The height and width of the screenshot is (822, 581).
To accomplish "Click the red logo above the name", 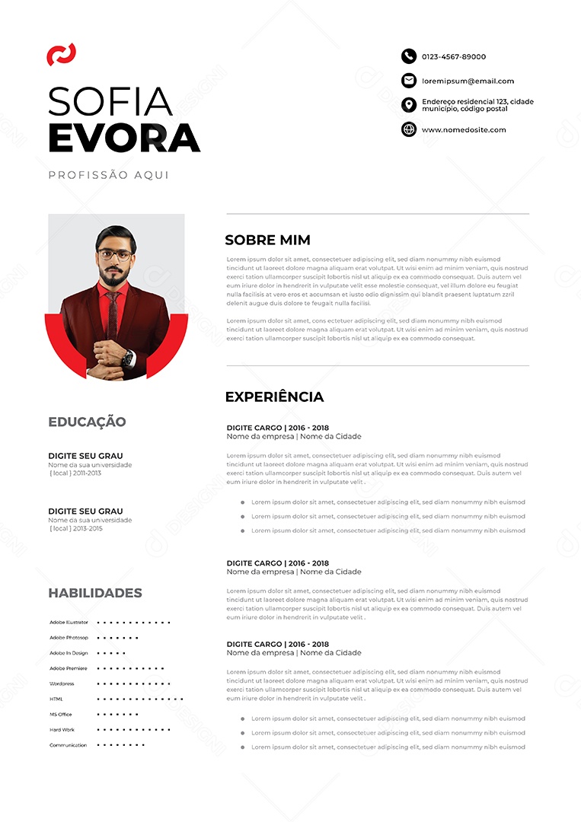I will pos(61,55).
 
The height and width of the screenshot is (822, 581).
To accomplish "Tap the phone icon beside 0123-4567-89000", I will pos(409,56).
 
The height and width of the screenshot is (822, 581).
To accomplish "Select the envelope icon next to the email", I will pos(409,81).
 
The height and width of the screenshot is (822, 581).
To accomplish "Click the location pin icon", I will pos(409,105).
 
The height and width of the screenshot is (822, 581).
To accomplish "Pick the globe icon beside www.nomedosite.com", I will pos(409,129).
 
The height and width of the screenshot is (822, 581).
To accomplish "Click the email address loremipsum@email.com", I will pos(468,81).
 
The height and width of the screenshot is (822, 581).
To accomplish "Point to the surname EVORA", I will pos(124,139).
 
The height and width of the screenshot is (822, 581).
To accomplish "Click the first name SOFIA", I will pos(110,101).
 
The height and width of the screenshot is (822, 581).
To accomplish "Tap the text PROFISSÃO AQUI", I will pos(109,175).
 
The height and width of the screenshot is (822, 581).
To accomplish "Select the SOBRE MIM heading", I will pos(267,241).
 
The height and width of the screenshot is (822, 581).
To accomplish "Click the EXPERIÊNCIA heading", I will pos(274,397).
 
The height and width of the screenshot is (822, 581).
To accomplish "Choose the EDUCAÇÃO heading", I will pos(87,422).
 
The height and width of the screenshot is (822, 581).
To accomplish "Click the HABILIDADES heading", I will pos(95,593).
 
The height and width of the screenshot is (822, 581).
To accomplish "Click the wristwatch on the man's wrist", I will pos(128,357).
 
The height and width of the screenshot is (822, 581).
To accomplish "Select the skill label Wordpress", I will pos(62,683).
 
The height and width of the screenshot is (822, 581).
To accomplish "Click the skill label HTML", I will pos(56,699).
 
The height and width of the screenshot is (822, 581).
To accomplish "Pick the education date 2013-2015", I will pos(86,528).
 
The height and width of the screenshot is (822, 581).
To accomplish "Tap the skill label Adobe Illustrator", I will pos(69,622).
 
